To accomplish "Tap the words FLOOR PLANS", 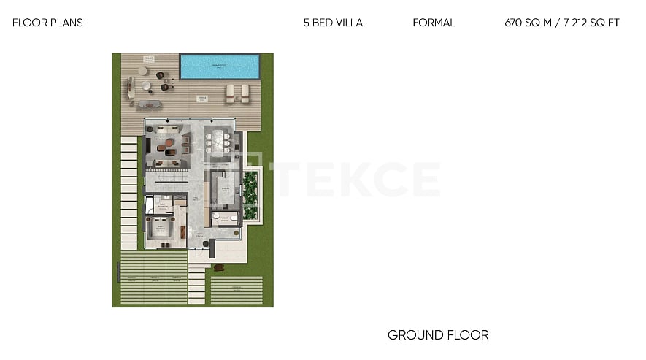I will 47,23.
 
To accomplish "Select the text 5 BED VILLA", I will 333,23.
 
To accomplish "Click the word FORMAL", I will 434,23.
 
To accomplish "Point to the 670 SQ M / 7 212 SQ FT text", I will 562,23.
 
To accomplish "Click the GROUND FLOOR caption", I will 438,335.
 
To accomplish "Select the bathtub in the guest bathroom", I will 150,204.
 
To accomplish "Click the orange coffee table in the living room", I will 170,142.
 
